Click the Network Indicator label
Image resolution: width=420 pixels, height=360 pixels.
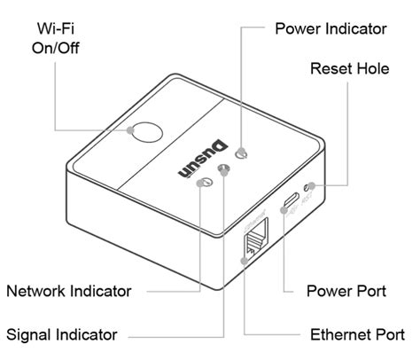pyautogui.click(x=69, y=291)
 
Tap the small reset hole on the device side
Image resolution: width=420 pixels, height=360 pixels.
pyautogui.click(x=308, y=187)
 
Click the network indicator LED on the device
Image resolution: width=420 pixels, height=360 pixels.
pyautogui.click(x=206, y=182)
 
